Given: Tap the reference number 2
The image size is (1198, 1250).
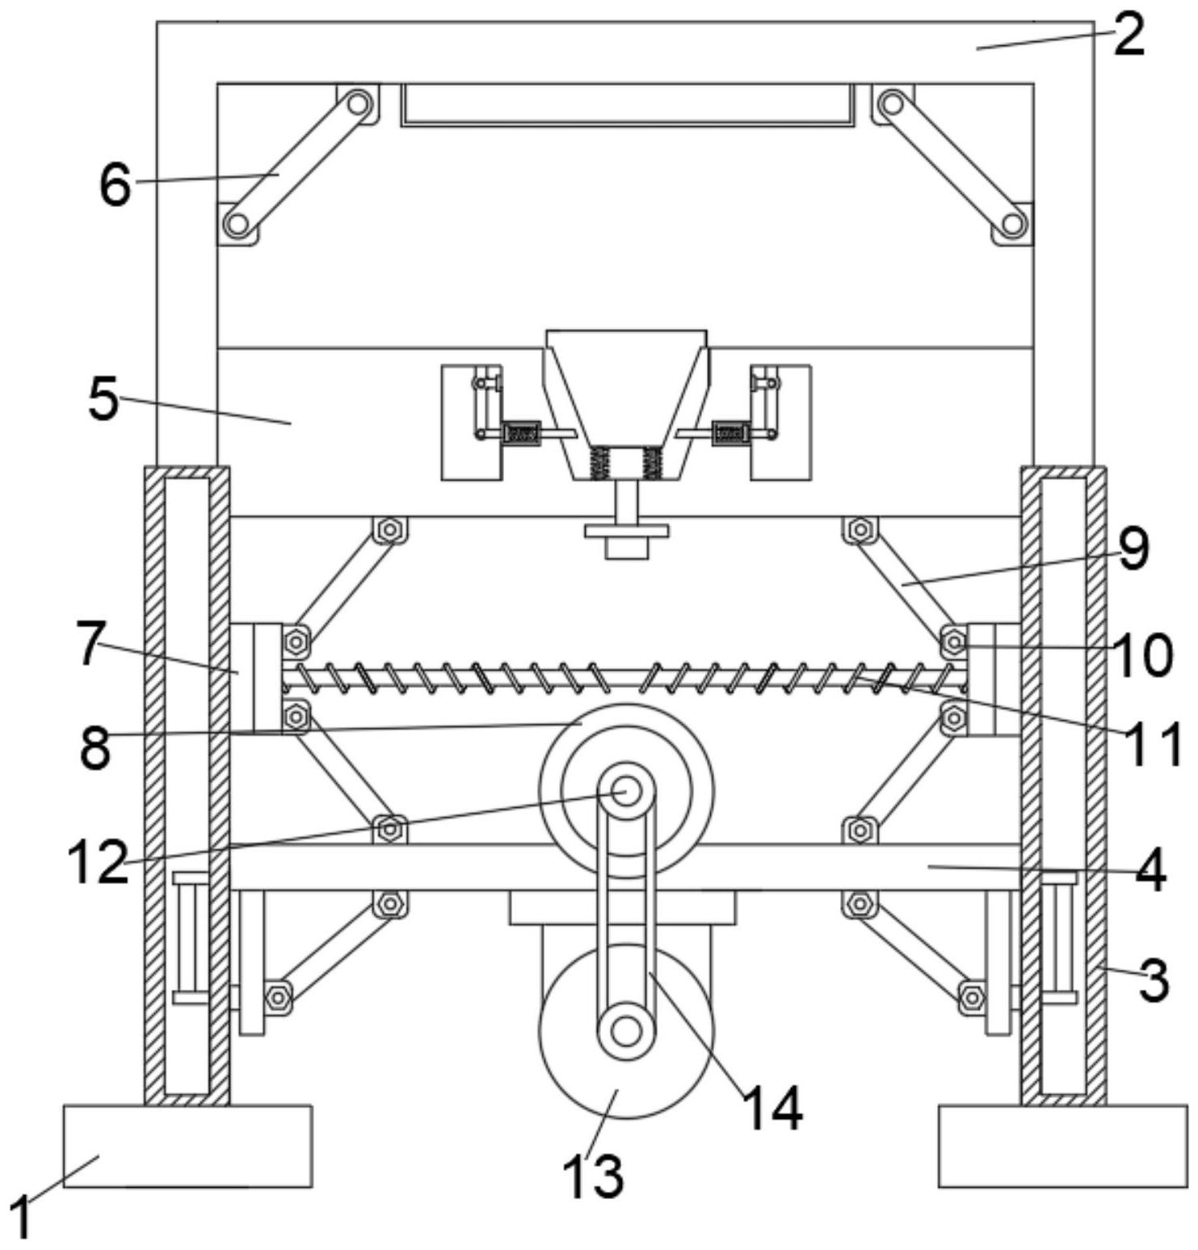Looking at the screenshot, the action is tap(1129, 36).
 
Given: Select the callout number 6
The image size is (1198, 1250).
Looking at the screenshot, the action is tap(115, 185).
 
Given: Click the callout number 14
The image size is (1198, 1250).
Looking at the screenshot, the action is tap(772, 1109).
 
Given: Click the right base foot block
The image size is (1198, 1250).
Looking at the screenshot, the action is tap(1063, 1146).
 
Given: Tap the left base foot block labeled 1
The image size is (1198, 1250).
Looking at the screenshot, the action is tap(187, 1146).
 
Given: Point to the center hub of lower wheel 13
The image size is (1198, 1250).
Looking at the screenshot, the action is tap(626, 1030).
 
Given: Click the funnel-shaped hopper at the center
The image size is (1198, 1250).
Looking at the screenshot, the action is tap(627, 404).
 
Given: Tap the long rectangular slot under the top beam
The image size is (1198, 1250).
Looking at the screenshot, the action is tap(627, 105).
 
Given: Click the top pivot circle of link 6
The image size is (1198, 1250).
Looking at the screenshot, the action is tap(357, 103).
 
